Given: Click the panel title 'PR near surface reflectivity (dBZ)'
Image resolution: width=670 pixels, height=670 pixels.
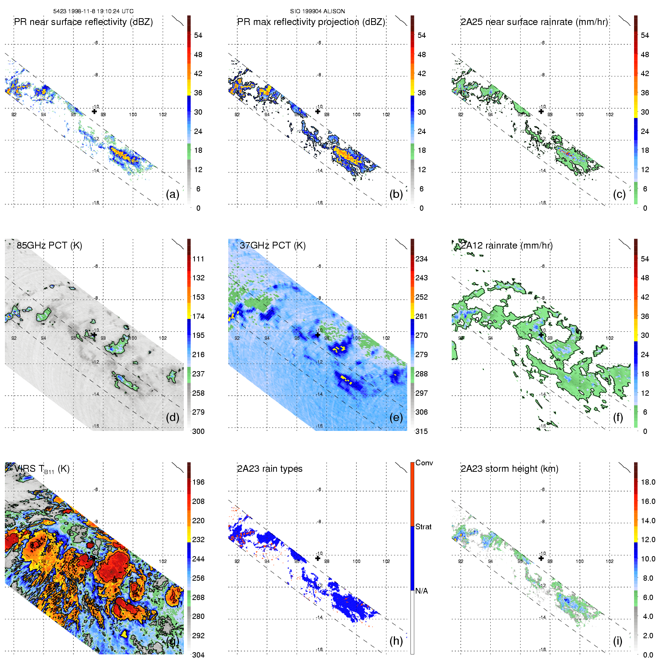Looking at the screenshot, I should click(x=83, y=22).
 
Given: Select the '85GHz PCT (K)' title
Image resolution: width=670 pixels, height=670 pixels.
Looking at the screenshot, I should click(x=49, y=246).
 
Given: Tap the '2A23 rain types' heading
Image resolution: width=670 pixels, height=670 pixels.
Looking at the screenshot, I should click(x=270, y=469).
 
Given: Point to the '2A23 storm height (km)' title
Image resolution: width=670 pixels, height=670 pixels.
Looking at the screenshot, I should click(x=509, y=469).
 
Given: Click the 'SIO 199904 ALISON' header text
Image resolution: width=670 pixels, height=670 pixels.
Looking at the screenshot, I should click(x=317, y=11).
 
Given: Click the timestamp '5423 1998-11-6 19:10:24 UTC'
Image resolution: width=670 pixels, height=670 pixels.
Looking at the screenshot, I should click(x=93, y=11).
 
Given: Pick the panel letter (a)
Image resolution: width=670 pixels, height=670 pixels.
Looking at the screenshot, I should click(x=173, y=194).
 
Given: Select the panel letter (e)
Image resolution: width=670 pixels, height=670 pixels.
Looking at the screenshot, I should click(x=396, y=417).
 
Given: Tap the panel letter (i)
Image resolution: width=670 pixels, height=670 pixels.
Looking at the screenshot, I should click(x=617, y=641).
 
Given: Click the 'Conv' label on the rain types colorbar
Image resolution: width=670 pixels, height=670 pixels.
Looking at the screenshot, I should click(x=424, y=463).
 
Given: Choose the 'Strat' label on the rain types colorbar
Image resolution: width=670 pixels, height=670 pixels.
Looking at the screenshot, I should click(x=423, y=527).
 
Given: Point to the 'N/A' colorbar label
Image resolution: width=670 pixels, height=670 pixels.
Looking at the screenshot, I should click(x=421, y=591).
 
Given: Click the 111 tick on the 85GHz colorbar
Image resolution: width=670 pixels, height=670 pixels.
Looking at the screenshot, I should click(x=198, y=259).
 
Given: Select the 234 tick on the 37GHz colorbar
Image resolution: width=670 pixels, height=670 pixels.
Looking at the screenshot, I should click(x=421, y=259).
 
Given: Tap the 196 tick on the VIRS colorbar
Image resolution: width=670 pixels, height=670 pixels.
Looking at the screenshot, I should click(x=198, y=482).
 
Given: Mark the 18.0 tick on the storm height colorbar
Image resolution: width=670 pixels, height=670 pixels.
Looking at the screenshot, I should click(x=648, y=482).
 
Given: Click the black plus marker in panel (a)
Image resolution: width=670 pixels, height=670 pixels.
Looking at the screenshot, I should click(x=95, y=111).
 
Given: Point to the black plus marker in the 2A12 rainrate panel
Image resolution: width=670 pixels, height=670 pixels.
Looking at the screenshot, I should click(x=541, y=335).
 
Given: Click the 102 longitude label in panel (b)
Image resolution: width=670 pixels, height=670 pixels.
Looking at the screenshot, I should click(x=386, y=115).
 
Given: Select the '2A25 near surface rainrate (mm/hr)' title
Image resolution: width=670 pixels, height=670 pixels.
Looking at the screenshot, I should click(x=534, y=22).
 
